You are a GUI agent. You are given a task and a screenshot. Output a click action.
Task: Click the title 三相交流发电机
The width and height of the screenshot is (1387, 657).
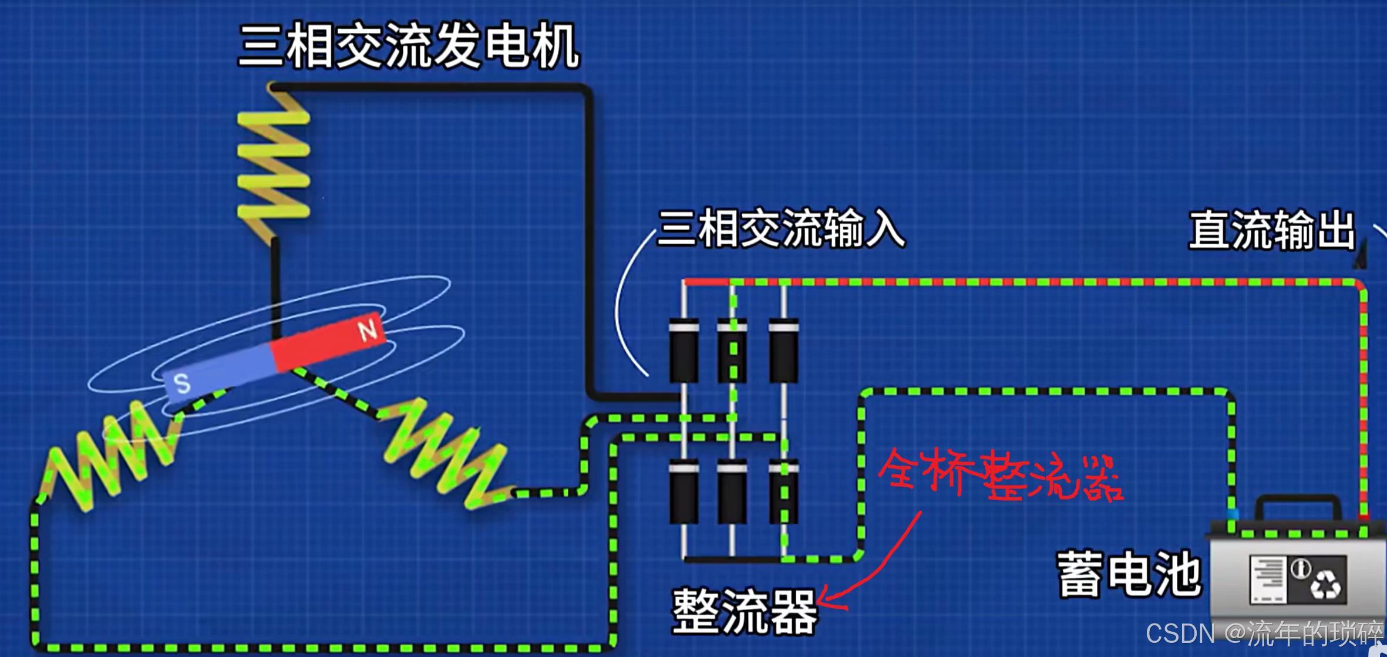409,47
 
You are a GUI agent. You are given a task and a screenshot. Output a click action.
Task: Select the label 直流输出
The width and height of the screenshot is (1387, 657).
1272,230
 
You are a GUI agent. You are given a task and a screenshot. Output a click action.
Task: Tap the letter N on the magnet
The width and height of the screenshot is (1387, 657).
368,330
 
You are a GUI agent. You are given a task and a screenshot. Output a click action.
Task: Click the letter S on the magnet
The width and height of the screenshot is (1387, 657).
182,383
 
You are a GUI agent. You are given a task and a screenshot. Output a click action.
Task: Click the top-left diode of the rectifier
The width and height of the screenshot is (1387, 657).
684,350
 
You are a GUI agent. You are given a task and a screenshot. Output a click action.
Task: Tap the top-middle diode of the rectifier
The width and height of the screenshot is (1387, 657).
732,350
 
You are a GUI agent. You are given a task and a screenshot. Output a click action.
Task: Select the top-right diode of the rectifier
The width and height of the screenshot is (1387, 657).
784,350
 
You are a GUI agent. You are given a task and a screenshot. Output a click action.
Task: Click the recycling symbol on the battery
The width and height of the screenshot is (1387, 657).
1325,584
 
